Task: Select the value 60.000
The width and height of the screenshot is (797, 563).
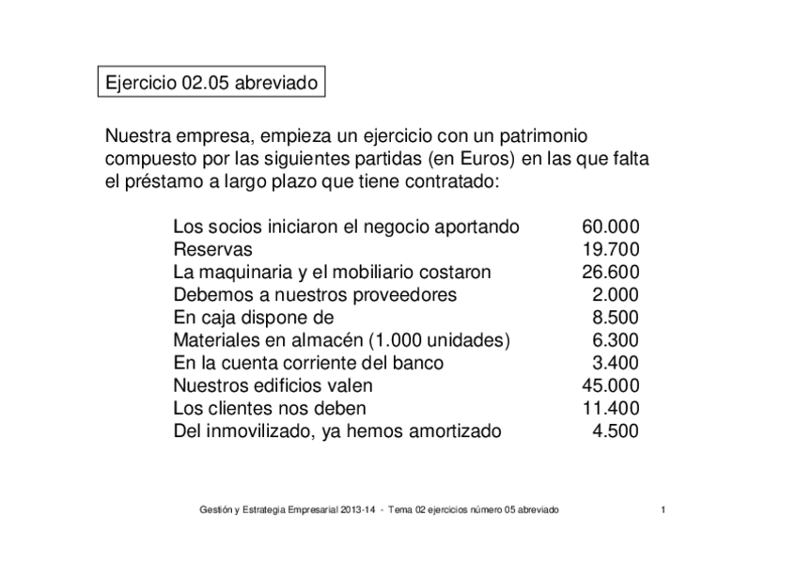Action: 611,227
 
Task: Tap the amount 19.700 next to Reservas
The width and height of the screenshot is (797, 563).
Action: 611,250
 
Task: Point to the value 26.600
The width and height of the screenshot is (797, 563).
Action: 611,273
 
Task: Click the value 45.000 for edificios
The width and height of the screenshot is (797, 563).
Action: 611,385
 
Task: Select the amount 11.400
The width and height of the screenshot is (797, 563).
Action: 611,409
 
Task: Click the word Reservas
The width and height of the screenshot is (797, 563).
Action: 212,250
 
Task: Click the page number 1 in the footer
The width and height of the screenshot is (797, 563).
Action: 664,509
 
